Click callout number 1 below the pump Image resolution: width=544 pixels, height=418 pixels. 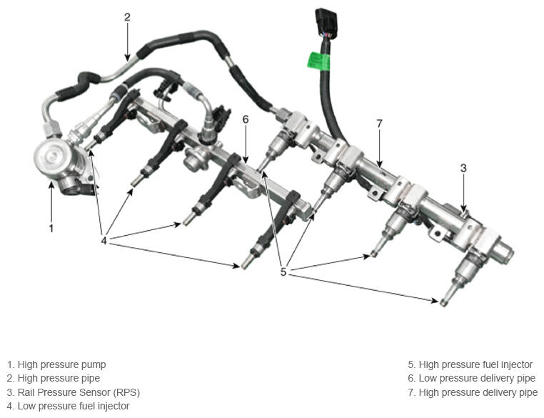51,229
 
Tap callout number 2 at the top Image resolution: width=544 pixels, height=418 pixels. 127,17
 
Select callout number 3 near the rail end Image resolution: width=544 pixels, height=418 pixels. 463,169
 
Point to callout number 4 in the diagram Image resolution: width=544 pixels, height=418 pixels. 104,240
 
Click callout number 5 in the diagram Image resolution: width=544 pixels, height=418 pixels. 283,272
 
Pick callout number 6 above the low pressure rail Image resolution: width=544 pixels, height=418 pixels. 246,120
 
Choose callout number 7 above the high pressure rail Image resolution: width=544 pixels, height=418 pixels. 379,124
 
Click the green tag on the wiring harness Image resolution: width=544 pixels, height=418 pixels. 319,61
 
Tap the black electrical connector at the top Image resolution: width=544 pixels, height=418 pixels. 326,23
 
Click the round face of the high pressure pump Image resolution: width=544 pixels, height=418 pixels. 49,157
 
